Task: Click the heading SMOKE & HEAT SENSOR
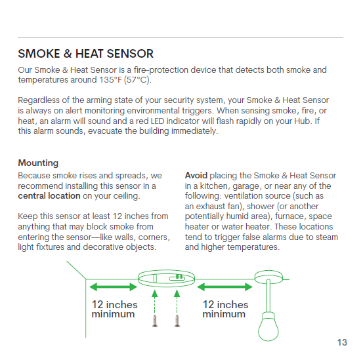85,54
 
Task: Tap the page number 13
342,342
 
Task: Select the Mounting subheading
38,163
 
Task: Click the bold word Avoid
196,176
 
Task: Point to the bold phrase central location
49,196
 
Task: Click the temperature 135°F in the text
110,80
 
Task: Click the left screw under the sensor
155,321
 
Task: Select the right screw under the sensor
177,321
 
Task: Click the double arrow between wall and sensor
113,287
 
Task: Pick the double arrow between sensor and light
224,287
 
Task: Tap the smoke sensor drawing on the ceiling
167,278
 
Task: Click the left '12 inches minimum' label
114,309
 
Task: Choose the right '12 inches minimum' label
225,309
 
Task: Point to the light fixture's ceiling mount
268,277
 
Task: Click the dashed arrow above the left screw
155,302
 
